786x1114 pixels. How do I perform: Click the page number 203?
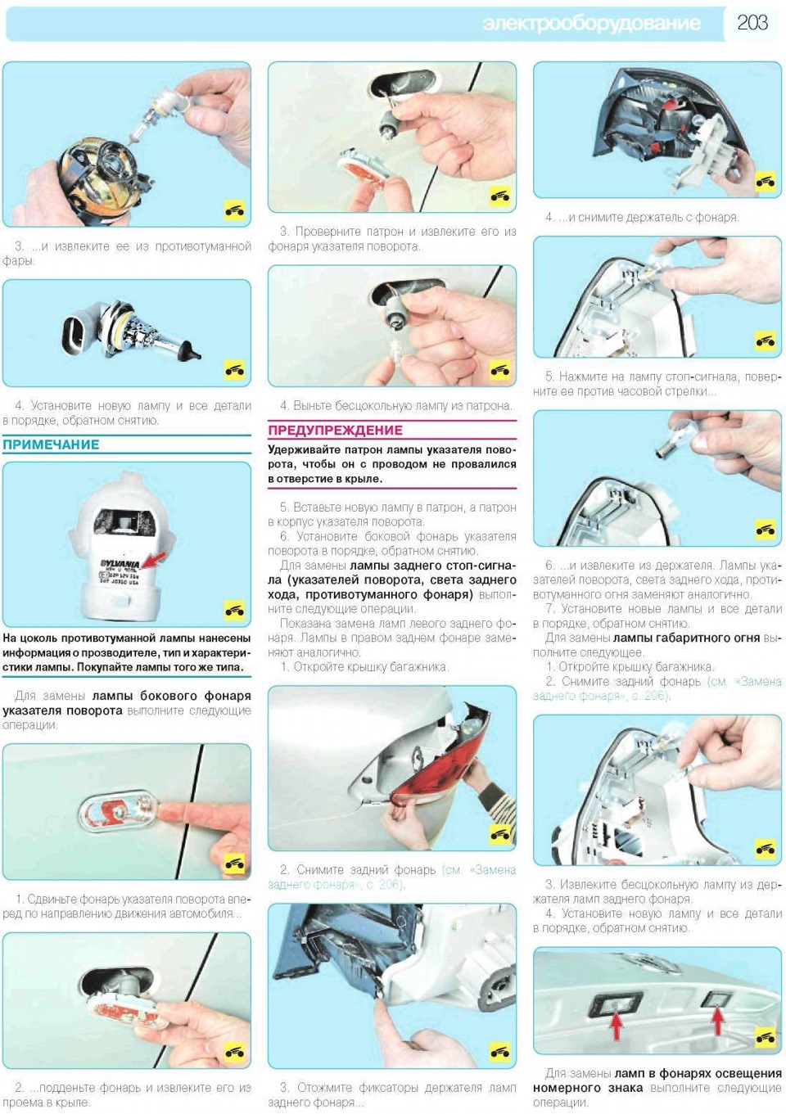click(752, 23)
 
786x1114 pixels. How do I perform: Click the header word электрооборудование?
click(591, 24)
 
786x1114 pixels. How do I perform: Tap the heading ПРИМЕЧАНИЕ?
click(51, 444)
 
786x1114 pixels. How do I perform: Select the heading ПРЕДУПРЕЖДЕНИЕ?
click(336, 431)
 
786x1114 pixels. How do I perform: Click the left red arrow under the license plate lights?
click(616, 1026)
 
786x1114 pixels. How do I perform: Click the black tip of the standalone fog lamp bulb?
click(192, 352)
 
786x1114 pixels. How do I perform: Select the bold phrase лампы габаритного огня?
click(686, 638)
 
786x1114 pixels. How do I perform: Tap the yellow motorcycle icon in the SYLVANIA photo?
click(234, 610)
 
